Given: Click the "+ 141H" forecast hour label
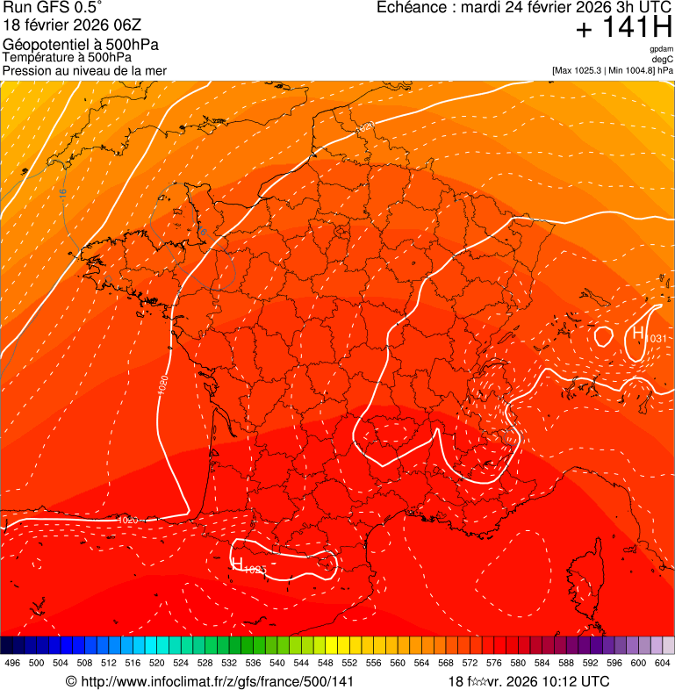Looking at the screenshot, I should pos(623,27).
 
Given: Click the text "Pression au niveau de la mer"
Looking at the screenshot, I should pos(84,70).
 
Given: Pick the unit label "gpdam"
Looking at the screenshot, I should pos(661,49).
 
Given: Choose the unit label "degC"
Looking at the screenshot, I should pos(663,59).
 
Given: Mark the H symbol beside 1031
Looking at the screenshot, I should pos(638,333).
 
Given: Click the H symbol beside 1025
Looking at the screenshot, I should pos(236,563).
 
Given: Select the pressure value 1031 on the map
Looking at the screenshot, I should pos(656,339).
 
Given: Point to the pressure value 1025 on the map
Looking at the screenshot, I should pos(255,571).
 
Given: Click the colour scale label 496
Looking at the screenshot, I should pos(12,663).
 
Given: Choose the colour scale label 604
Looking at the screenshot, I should pos(663,663).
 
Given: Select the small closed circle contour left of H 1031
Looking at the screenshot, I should pos(604,335).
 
